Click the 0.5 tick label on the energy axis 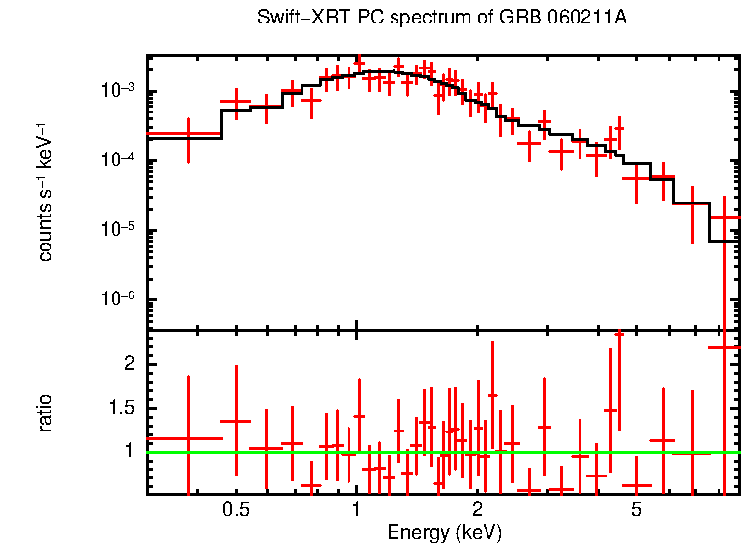coord(235,511)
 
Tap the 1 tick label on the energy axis coord(356,511)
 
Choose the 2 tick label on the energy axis coord(477,511)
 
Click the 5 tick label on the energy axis coord(636,511)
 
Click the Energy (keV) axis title coord(444,533)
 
